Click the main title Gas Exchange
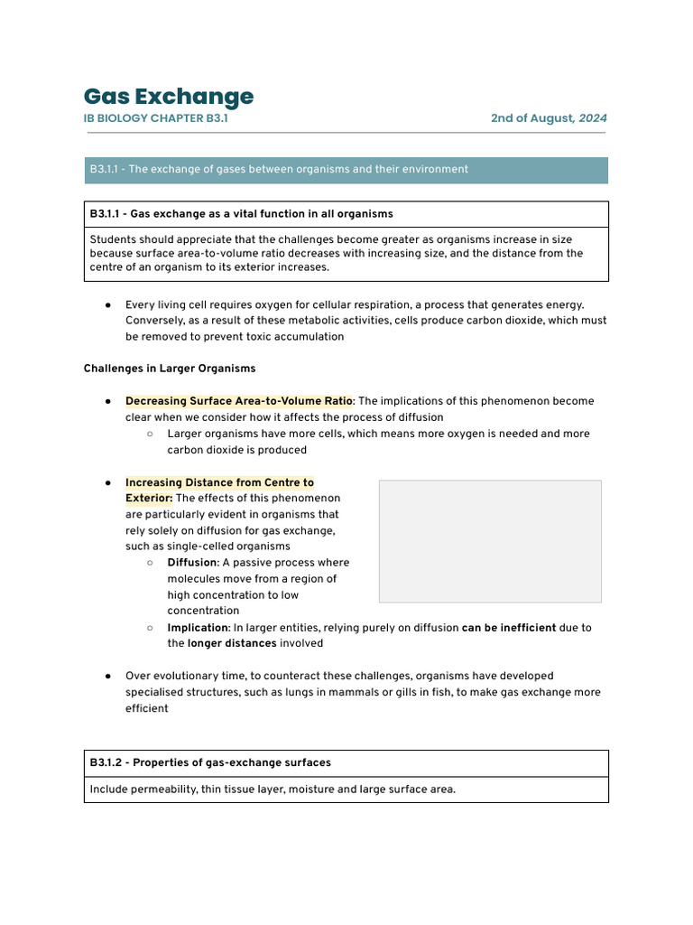(169, 97)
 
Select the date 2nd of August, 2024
(549, 118)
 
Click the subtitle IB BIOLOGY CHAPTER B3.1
(162, 118)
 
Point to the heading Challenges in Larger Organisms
(170, 369)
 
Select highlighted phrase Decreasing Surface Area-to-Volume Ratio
(238, 401)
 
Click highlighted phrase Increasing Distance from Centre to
(219, 482)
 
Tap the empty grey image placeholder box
(490, 541)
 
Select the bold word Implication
(197, 628)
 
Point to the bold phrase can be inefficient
(509, 628)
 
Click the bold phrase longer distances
(231, 644)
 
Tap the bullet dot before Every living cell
(107, 304)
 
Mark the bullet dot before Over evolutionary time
(107, 677)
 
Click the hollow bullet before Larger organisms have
(150, 434)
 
